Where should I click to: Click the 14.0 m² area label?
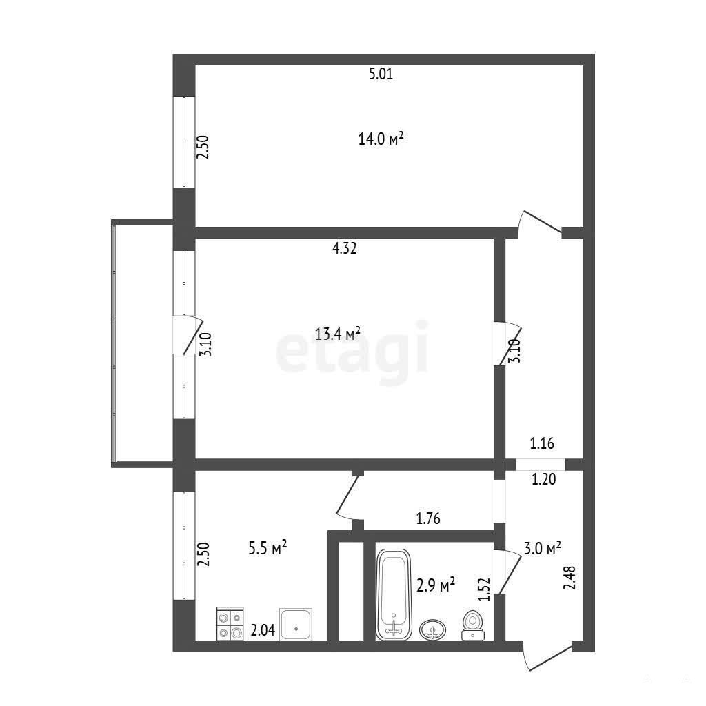click(381, 139)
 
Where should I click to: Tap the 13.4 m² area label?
click(338, 334)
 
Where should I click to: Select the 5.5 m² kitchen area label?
click(268, 548)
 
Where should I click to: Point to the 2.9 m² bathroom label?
click(436, 585)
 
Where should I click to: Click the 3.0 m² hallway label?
click(542, 548)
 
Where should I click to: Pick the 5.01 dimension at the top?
click(381, 74)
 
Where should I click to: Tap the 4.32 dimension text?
click(345, 248)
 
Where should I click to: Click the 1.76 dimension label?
click(428, 518)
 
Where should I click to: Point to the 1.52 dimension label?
click(484, 589)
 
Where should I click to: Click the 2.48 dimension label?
click(569, 578)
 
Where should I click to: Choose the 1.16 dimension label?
click(542, 444)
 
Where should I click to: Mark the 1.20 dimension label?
click(544, 480)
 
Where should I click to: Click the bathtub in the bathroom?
click(393, 594)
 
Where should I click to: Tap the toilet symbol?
click(473, 625)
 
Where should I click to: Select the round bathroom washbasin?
click(433, 629)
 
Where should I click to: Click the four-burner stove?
click(230, 623)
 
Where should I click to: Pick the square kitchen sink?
click(296, 624)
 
